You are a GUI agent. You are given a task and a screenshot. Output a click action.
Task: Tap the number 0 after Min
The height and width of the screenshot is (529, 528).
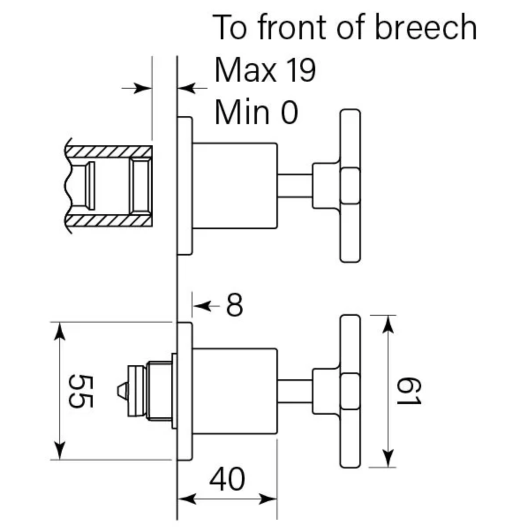[x=290, y=112]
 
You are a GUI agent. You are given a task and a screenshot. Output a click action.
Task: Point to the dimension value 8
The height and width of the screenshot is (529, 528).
[x=234, y=305]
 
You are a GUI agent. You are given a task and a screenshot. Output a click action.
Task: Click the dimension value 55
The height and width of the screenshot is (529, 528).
[x=80, y=391]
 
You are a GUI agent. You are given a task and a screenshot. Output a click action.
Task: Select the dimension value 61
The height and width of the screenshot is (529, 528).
[x=408, y=391]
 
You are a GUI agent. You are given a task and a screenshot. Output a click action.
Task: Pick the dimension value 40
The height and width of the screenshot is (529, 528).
[x=227, y=479]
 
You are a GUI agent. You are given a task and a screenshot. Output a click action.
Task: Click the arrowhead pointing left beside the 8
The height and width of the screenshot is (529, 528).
[x=203, y=306]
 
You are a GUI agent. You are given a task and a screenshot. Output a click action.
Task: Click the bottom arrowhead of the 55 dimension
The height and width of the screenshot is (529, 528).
[x=60, y=450]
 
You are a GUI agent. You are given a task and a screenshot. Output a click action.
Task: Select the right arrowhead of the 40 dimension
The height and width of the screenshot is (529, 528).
[x=268, y=499]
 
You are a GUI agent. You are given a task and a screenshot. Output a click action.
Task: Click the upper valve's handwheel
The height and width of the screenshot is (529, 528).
[x=350, y=185]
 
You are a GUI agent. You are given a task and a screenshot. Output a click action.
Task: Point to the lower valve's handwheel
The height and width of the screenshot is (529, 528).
[x=350, y=391]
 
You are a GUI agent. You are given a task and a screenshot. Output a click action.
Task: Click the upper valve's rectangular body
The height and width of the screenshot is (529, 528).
[x=235, y=186]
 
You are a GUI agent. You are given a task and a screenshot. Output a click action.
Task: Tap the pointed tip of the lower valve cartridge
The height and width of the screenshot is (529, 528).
[x=118, y=391]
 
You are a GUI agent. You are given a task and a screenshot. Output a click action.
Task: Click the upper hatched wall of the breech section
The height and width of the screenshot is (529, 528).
[x=109, y=151]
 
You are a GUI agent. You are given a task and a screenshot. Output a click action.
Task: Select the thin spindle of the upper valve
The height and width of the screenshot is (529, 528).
[x=295, y=185]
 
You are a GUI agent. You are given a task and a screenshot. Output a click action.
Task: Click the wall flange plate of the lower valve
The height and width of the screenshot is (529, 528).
[x=185, y=391]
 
